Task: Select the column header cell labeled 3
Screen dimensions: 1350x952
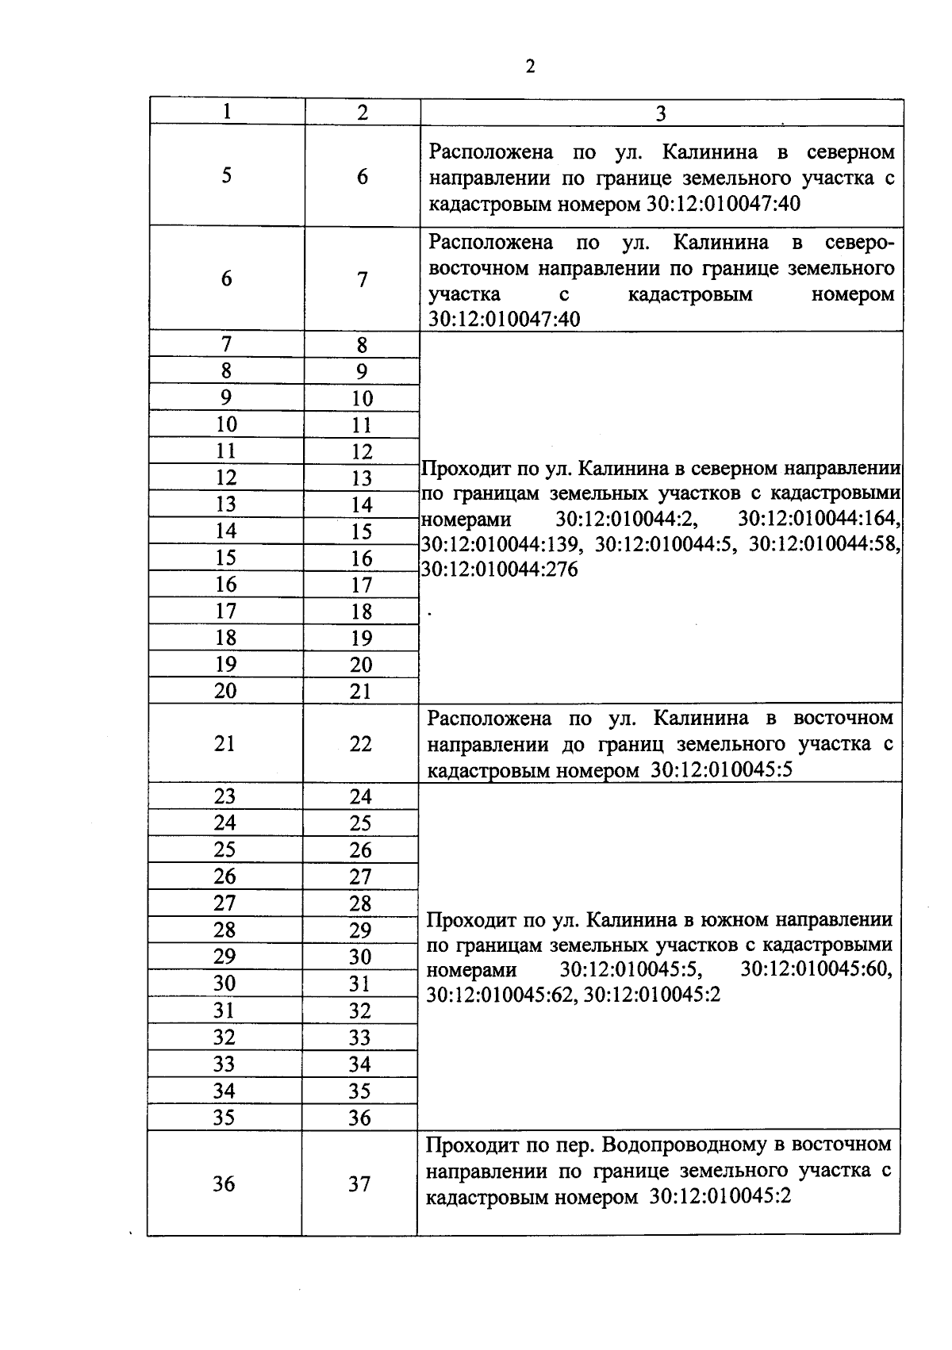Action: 661,113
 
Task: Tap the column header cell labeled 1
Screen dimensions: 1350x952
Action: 227,112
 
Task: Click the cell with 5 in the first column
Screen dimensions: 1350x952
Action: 227,175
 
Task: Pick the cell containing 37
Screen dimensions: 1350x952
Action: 359,1183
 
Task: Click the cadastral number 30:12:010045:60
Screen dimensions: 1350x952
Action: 816,969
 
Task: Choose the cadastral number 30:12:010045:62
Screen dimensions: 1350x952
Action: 501,995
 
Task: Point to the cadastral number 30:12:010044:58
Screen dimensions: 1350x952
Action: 825,544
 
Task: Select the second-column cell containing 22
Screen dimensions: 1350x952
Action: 361,743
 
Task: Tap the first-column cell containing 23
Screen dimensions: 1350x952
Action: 225,796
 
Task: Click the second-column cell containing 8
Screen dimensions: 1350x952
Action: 362,345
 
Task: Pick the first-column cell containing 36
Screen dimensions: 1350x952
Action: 224,1183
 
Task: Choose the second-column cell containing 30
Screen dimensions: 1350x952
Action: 360,957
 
